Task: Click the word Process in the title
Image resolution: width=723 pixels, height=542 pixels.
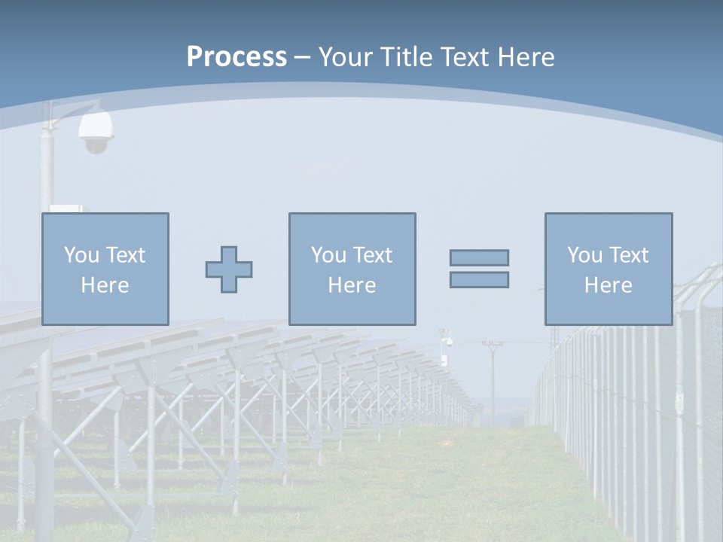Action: click(x=236, y=57)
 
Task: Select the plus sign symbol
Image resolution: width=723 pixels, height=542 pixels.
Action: click(x=229, y=269)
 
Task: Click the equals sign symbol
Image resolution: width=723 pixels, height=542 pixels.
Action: click(x=479, y=269)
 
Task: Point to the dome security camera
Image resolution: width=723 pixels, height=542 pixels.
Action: click(x=96, y=133)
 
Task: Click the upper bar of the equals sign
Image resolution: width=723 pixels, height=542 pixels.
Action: click(x=479, y=257)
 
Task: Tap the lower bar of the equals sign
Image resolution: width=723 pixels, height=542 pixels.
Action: click(x=479, y=279)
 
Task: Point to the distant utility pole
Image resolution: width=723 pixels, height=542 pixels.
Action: click(x=492, y=376)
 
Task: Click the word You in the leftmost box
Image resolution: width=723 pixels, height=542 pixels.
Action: click(x=81, y=254)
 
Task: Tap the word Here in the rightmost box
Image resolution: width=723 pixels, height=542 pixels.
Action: click(x=609, y=285)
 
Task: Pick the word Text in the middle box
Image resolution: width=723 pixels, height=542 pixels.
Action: click(x=373, y=254)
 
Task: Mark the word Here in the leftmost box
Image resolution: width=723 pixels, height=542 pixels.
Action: click(x=105, y=285)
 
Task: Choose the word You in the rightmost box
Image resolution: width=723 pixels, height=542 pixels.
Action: click(x=584, y=254)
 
